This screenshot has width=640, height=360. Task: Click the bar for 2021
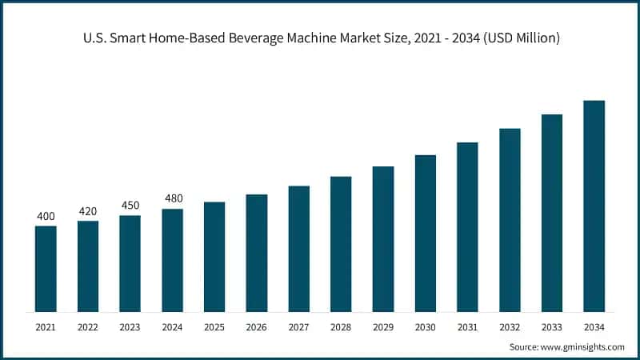[46, 269]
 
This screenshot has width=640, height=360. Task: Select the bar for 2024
[172, 260]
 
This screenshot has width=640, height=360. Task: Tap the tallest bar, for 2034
[594, 206]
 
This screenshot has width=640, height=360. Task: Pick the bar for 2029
[383, 239]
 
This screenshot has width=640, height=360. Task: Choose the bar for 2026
[257, 253]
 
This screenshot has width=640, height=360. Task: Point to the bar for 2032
[510, 220]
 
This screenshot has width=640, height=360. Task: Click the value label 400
[46, 216]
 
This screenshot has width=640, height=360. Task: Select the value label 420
[88, 211]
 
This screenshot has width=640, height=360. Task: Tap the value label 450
[130, 206]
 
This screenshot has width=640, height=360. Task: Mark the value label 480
[172, 198]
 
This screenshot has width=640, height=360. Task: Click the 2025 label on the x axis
[214, 327]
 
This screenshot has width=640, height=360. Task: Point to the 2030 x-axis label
[426, 327]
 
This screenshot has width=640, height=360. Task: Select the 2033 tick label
[552, 327]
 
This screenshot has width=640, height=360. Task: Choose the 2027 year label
[299, 327]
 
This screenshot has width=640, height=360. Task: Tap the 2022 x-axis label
[88, 327]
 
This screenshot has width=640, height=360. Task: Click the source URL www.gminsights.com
[583, 346]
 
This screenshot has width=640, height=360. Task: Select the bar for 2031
[467, 227]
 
